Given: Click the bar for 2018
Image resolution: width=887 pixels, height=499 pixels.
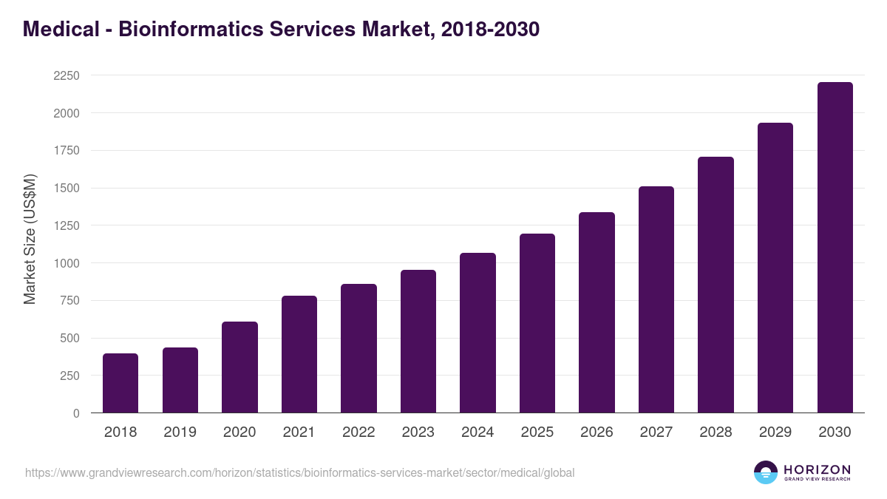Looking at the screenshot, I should click(120, 383).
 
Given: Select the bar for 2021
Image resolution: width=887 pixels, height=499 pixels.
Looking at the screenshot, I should click(299, 354).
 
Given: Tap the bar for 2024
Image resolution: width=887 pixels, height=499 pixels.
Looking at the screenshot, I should click(478, 333).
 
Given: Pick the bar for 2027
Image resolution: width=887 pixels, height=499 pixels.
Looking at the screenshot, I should click(656, 299).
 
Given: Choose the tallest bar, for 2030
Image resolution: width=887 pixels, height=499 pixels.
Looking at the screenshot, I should click(835, 248).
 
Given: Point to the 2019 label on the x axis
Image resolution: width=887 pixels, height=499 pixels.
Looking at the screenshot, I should click(180, 432).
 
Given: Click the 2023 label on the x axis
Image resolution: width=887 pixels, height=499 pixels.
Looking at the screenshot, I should click(418, 432).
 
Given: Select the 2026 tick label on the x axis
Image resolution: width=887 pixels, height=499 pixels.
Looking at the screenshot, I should click(597, 432).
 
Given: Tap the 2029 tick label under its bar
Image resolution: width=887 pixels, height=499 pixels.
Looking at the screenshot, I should click(775, 432).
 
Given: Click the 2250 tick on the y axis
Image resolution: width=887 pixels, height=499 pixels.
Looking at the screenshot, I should click(67, 75).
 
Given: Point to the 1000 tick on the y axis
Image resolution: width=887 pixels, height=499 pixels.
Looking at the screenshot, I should click(67, 263).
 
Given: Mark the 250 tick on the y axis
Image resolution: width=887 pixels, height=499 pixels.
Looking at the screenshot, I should click(71, 376).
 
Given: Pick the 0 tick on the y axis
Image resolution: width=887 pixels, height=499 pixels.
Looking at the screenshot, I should click(76, 413).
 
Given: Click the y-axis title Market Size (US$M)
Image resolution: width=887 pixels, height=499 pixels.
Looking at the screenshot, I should click(30, 239).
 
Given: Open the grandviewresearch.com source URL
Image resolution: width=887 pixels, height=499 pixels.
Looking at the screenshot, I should click(299, 472).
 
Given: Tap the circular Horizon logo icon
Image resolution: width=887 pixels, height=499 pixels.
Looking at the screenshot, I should click(766, 472).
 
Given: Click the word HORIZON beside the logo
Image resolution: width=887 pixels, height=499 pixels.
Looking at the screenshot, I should click(817, 469).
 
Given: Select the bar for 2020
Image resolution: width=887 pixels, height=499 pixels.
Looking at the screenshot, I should click(239, 367).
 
